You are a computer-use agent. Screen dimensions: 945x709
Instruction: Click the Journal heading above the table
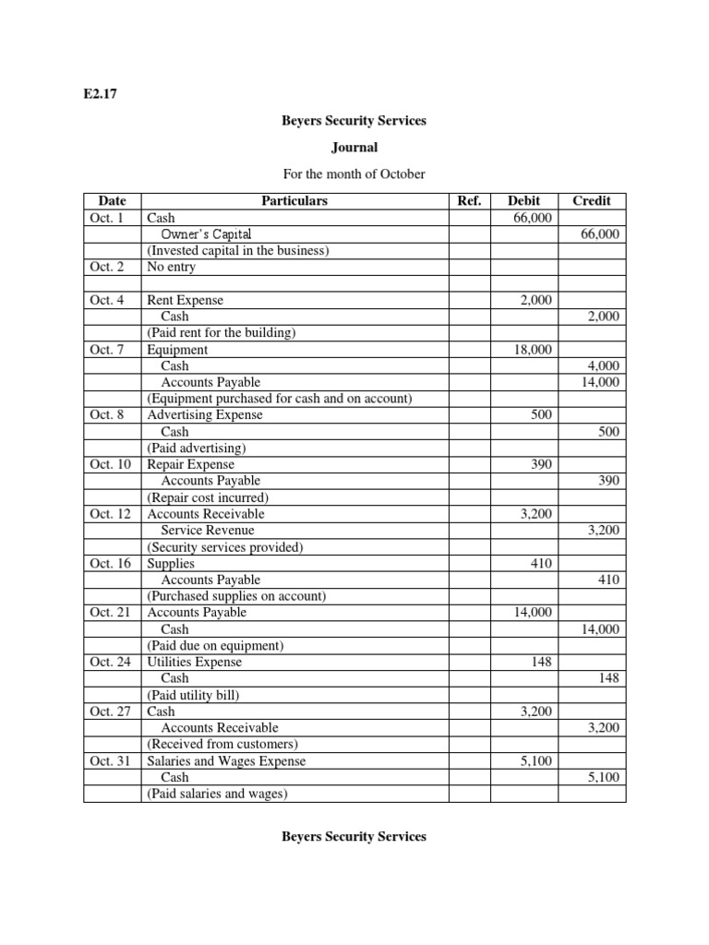click(x=354, y=147)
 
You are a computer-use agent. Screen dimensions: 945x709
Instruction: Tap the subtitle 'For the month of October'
click(x=354, y=173)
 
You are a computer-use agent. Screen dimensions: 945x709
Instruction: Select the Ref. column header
click(x=469, y=200)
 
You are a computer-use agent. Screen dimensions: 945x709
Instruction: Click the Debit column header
click(x=523, y=200)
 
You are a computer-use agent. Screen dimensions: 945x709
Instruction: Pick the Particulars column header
click(x=294, y=200)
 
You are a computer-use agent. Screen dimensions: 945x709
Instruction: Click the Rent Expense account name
click(x=186, y=300)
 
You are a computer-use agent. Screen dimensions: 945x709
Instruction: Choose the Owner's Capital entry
click(x=206, y=234)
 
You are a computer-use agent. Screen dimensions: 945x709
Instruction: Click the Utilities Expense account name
click(x=195, y=662)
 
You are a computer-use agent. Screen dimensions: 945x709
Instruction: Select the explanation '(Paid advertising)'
click(x=196, y=449)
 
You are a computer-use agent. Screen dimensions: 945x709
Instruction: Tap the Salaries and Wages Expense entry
click(x=227, y=761)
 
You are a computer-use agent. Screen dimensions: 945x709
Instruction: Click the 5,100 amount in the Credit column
click(x=605, y=778)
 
